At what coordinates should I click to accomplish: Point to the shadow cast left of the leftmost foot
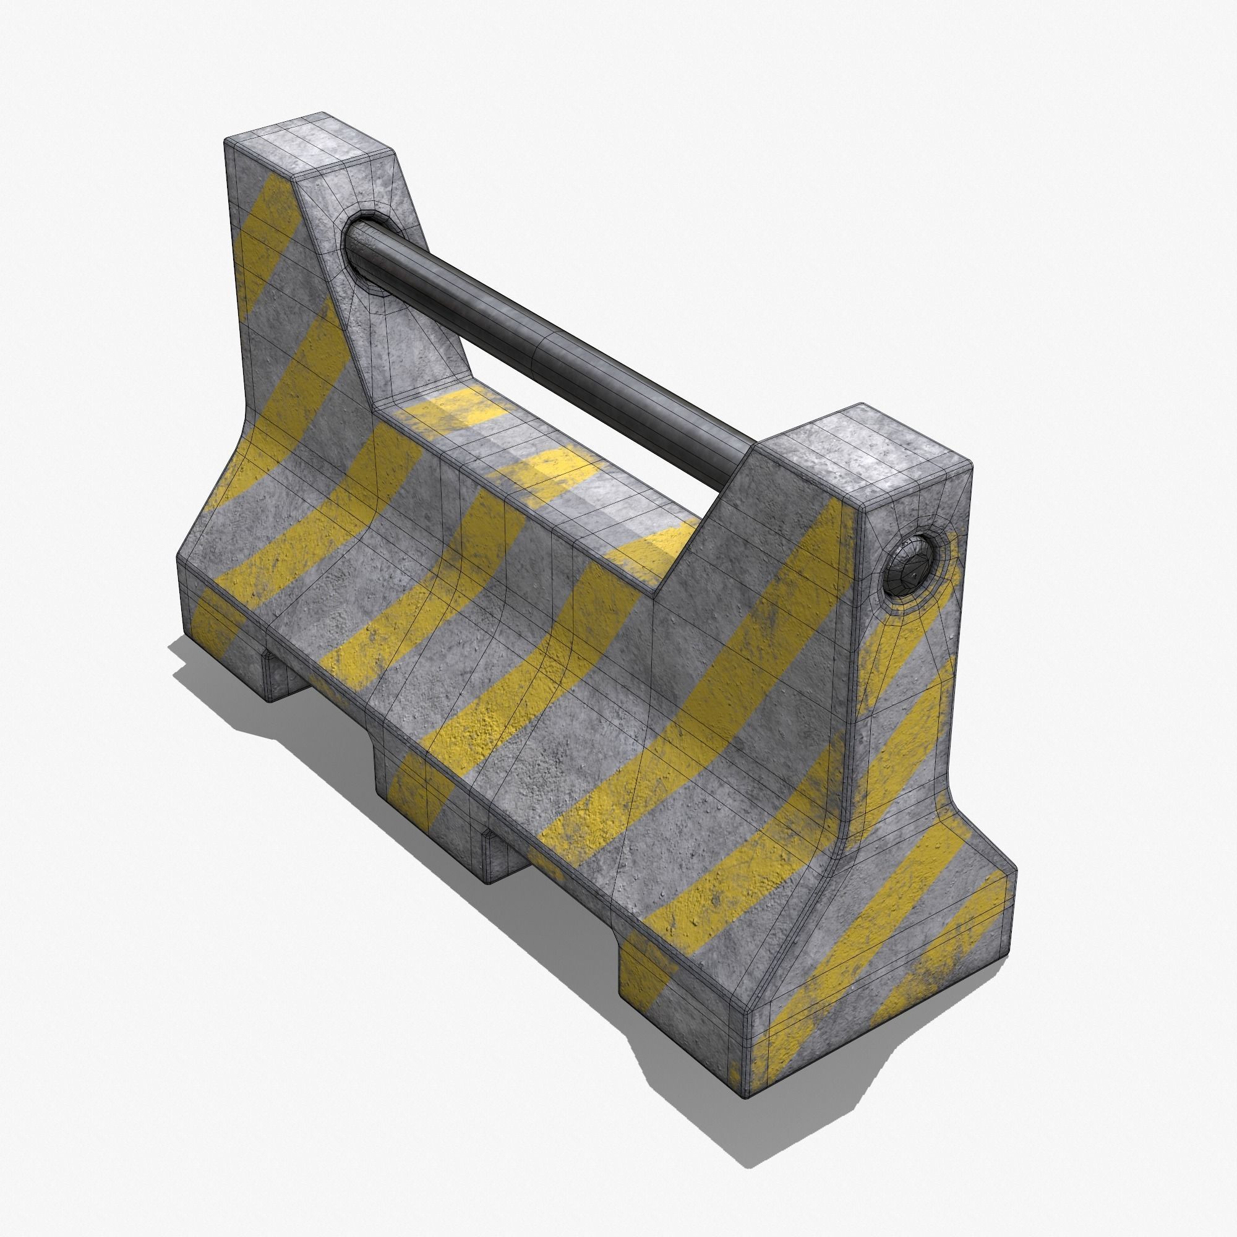[x=212, y=666]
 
